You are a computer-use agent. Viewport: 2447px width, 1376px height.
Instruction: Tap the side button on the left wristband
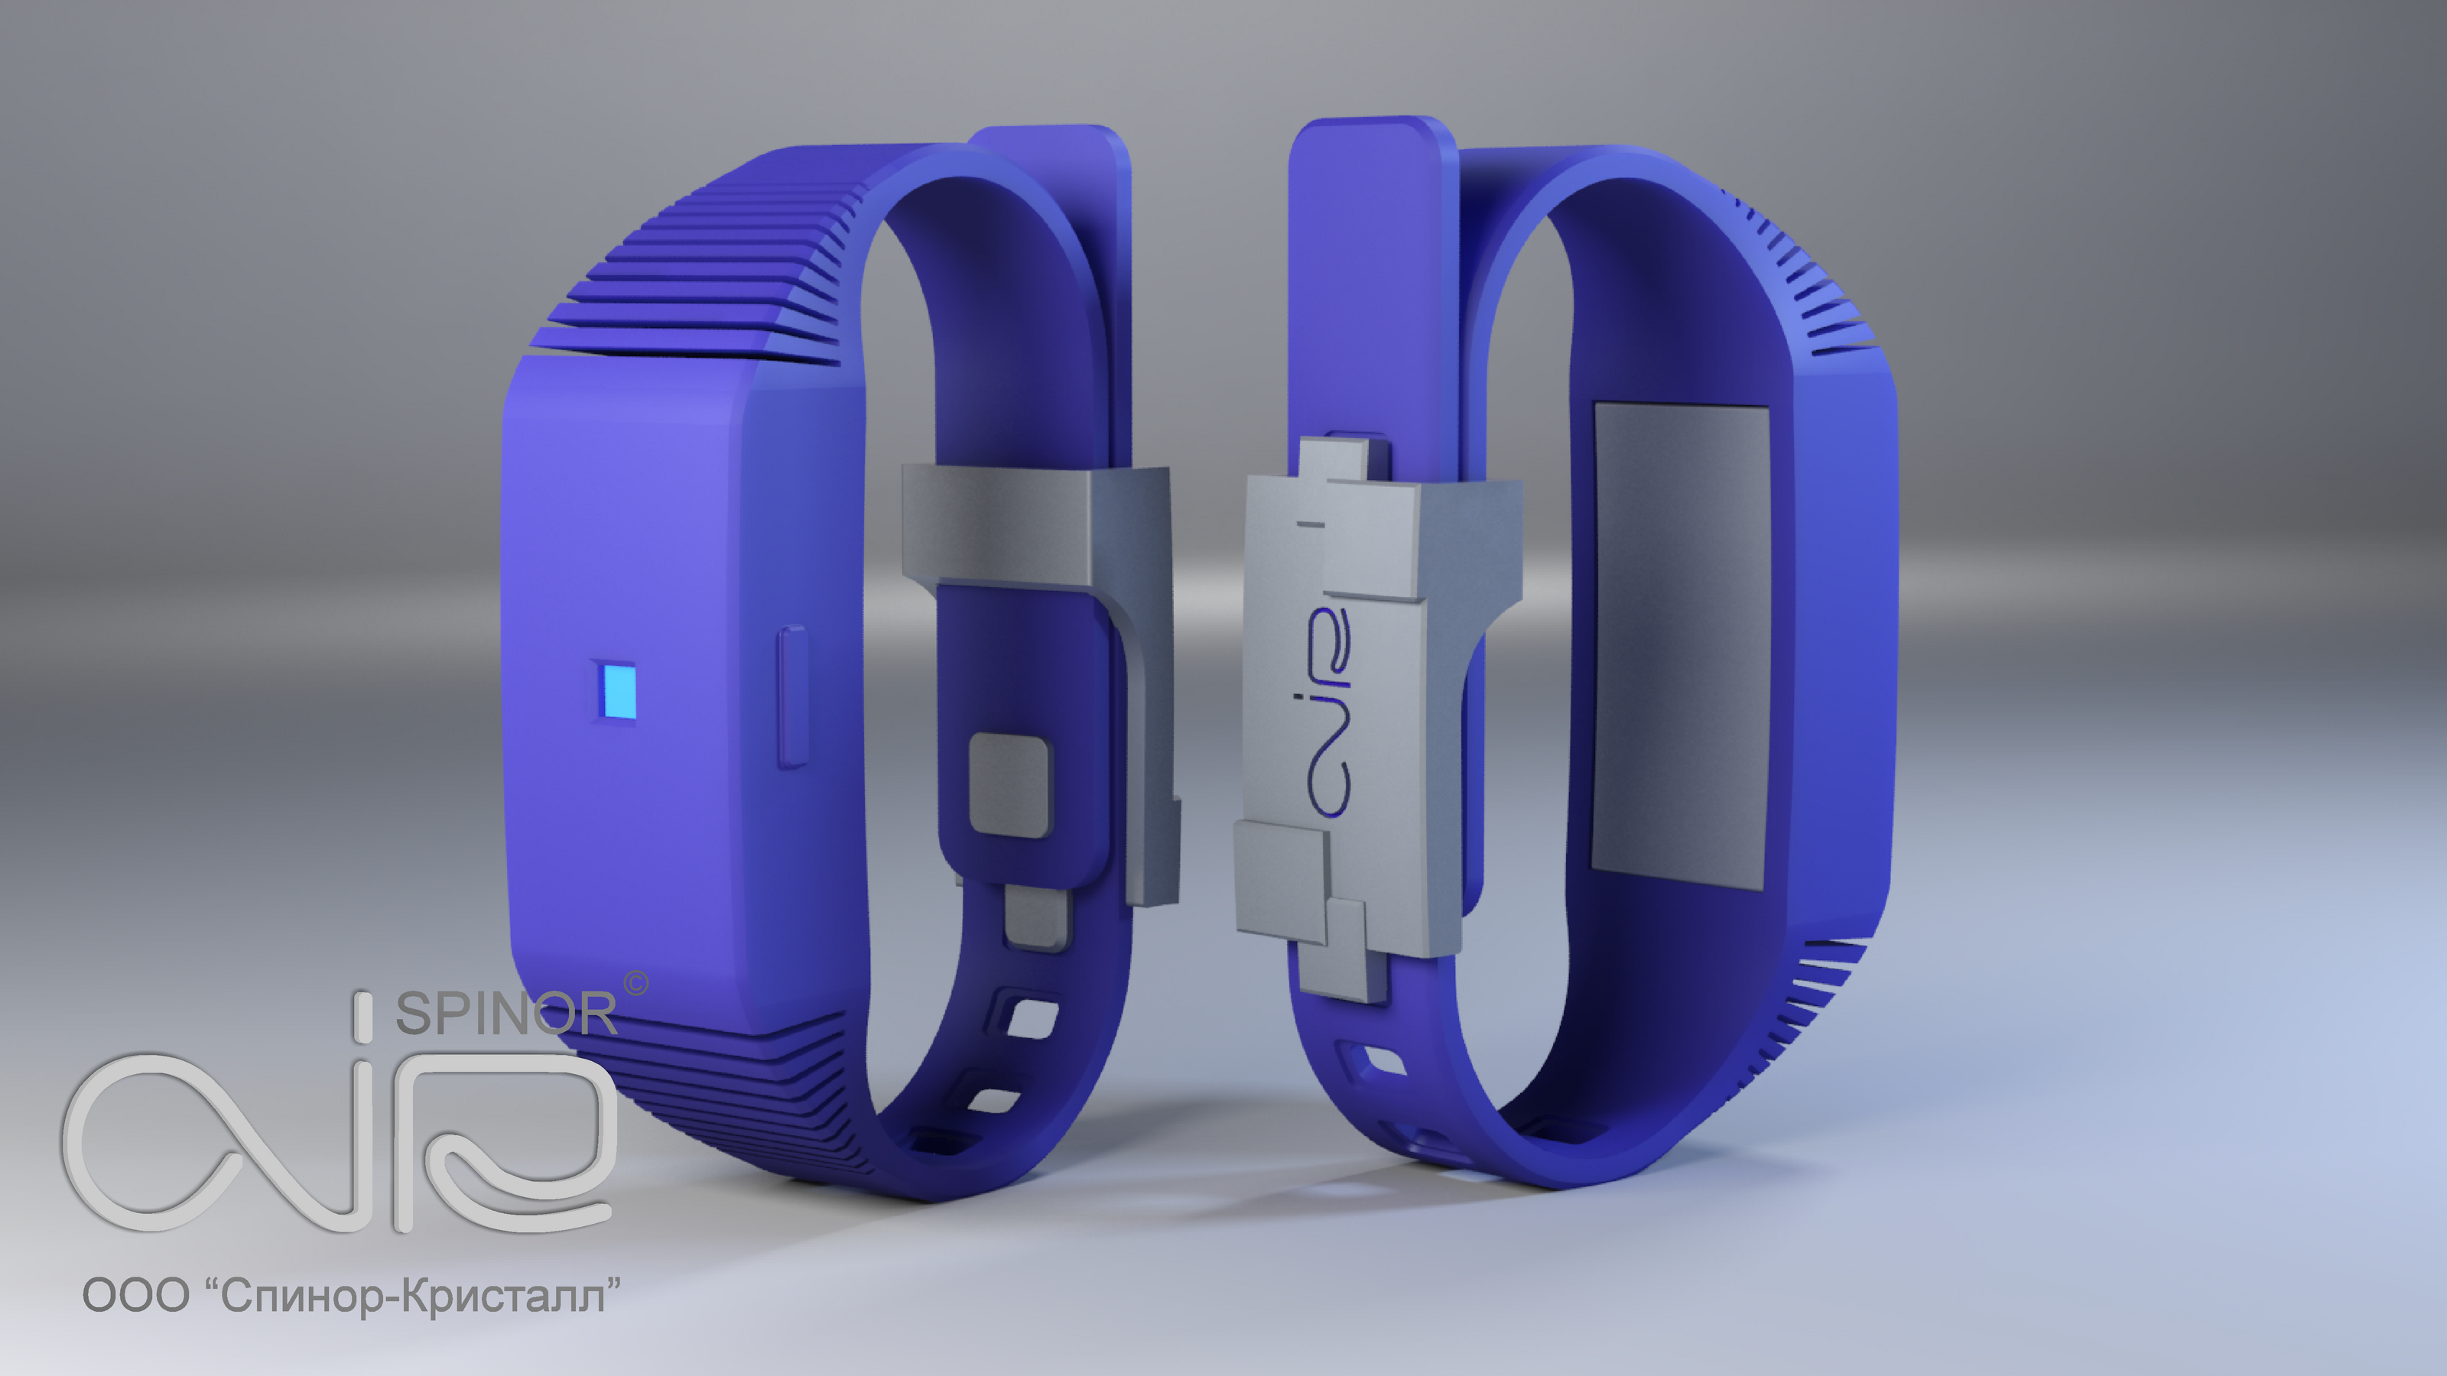[x=793, y=696]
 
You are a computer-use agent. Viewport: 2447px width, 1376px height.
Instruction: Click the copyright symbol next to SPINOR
[x=636, y=983]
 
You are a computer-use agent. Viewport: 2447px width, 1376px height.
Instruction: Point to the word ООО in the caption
[x=136, y=1295]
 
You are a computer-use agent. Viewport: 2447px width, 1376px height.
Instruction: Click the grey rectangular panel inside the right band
[x=1679, y=646]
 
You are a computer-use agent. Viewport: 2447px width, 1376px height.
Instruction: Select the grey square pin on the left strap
[x=1009, y=784]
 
